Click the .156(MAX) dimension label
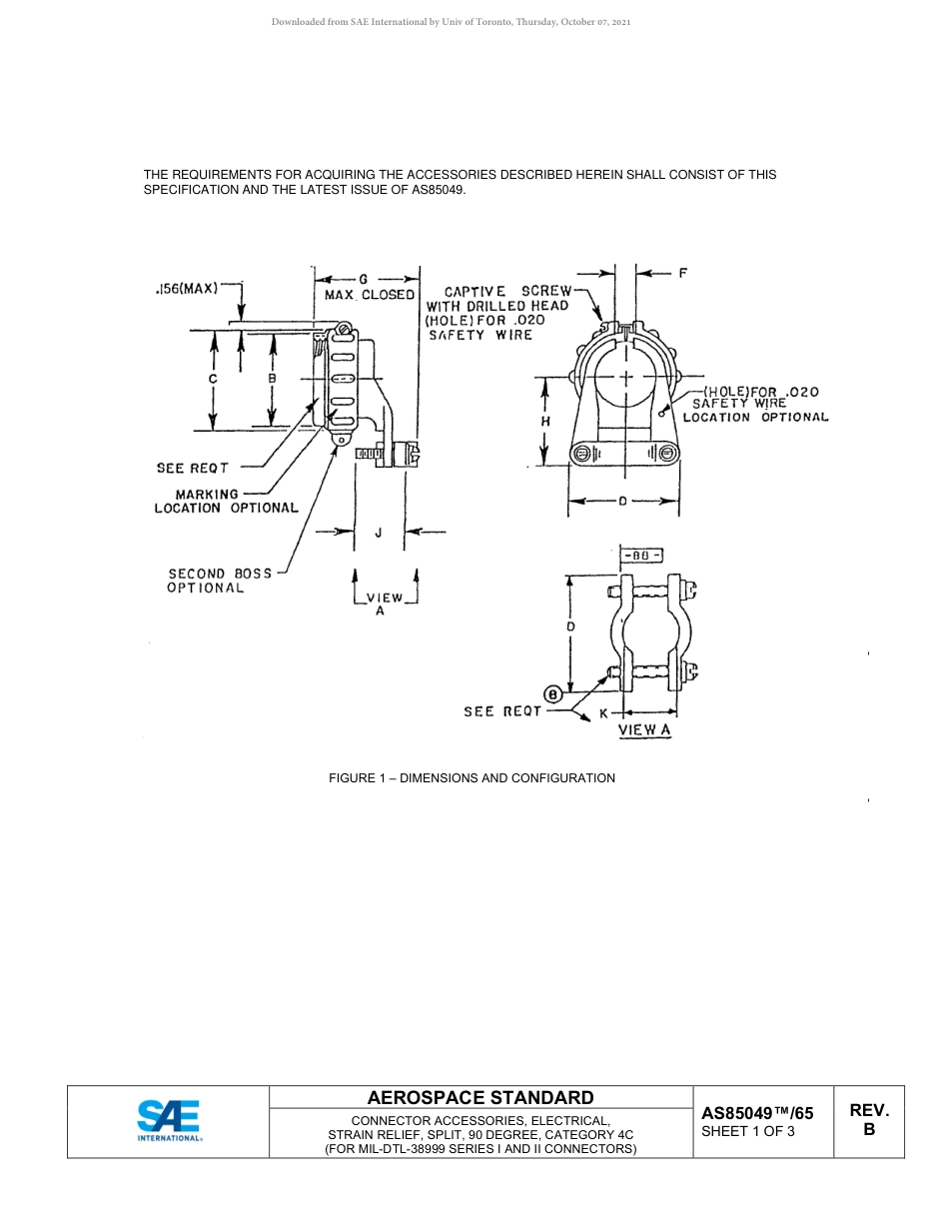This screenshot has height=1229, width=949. point(187,288)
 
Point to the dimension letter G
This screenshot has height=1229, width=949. point(364,279)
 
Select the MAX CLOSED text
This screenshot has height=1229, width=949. point(369,295)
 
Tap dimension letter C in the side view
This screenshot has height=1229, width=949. point(213,380)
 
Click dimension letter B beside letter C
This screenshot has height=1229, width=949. point(272,380)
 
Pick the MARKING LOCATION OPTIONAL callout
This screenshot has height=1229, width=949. point(226,501)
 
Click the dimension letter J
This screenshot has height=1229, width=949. point(378,534)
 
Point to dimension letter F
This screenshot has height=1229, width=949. point(682,272)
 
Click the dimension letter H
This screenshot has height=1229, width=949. point(545,422)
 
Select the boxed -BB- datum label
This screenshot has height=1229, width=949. point(642,556)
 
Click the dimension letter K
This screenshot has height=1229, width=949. point(603,713)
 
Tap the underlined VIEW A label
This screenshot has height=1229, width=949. point(644,730)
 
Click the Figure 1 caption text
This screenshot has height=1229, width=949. point(472,777)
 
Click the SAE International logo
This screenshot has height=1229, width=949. point(169,1121)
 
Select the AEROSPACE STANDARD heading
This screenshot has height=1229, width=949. point(480,1097)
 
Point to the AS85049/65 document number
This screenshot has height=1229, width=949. point(757,1113)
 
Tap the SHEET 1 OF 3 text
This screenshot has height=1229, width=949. point(748,1132)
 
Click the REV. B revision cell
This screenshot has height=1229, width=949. point(869,1120)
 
